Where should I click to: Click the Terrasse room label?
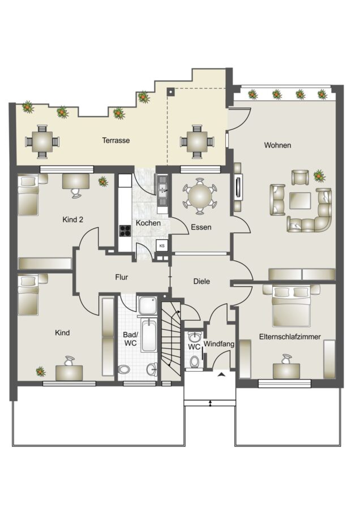(x=115, y=141)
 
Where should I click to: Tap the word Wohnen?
(x=277, y=145)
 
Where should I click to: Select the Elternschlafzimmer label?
(x=290, y=337)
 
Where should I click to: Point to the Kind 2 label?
(x=72, y=220)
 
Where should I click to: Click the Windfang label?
(x=219, y=344)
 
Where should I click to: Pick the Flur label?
(x=122, y=277)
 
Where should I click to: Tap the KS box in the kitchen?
(x=162, y=246)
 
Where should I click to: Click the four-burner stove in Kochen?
(x=126, y=231)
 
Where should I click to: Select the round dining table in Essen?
(x=200, y=196)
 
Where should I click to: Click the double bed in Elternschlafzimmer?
(x=291, y=306)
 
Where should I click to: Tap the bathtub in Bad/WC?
(x=149, y=335)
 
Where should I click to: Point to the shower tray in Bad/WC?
(x=148, y=305)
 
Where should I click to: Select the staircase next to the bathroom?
(x=171, y=339)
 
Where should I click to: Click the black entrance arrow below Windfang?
(x=222, y=374)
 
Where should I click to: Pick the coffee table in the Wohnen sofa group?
(x=300, y=201)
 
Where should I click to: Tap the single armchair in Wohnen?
(x=301, y=178)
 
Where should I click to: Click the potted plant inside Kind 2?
(x=103, y=182)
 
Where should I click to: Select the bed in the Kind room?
(x=28, y=295)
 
